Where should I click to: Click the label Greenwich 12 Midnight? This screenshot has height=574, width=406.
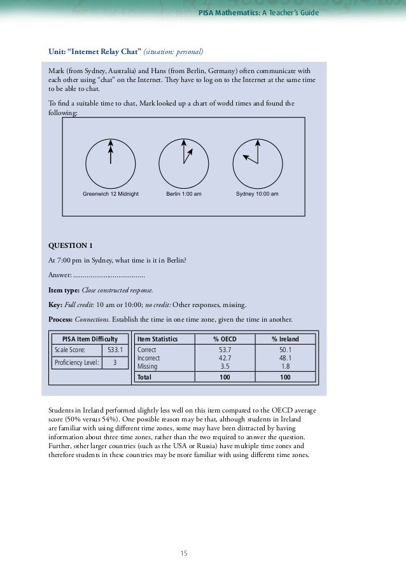coord(111,193)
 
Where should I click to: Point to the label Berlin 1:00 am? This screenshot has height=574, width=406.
coord(184,193)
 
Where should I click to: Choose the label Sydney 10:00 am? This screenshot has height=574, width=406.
coord(257,193)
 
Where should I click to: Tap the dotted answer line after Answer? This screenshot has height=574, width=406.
coord(109,275)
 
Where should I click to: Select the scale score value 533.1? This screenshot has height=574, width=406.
coord(115,350)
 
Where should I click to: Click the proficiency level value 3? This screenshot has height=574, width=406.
coord(115,362)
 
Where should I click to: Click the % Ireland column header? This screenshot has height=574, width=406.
coord(285,339)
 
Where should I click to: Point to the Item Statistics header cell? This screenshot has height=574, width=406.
coord(158,339)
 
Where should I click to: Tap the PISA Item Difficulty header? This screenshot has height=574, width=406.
coord(89,339)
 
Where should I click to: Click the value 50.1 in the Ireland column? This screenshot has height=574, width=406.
coord(285,350)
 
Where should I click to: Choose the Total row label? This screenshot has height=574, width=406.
coord(146,377)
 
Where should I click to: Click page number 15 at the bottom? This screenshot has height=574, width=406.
coord(184,553)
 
